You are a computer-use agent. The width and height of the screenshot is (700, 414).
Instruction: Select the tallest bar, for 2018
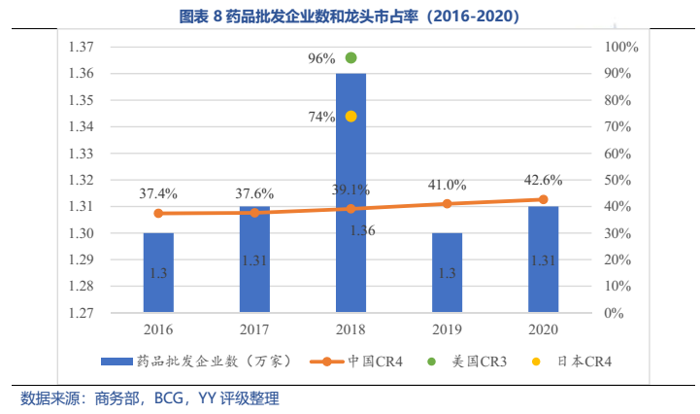tap(350, 194)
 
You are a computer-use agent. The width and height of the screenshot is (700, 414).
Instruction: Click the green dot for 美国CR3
tap(350, 57)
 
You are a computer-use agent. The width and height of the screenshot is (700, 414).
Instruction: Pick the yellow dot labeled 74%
tap(350, 116)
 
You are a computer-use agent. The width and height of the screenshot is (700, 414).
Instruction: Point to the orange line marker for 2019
tap(447, 203)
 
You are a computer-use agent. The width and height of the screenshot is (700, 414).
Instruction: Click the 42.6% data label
tap(543, 180)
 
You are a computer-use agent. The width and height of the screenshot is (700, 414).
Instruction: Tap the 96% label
tap(321, 58)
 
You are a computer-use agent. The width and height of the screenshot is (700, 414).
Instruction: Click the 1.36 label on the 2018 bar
tap(363, 230)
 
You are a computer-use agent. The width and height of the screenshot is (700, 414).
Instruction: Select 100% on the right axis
tap(620, 48)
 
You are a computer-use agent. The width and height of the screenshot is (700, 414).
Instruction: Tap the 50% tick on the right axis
tap(618, 180)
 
